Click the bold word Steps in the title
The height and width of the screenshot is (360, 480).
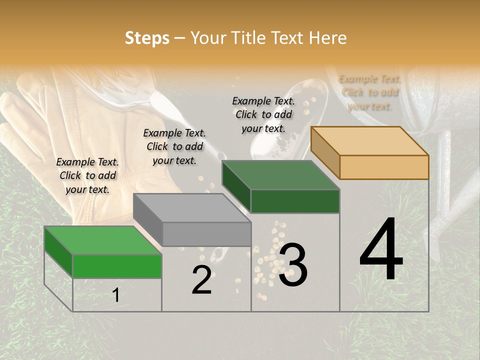(147, 38)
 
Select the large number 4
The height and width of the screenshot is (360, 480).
(381, 249)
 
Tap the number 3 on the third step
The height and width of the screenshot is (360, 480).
(293, 265)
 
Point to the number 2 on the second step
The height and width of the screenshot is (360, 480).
(201, 280)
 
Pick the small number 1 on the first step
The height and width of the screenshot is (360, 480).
(116, 295)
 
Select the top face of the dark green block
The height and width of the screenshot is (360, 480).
(280, 175)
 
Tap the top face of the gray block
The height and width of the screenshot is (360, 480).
(192, 208)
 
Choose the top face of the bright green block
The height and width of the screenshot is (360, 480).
(103, 240)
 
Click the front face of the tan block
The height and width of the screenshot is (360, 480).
(384, 167)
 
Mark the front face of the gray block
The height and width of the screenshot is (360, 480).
(206, 234)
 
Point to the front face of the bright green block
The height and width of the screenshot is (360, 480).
(117, 266)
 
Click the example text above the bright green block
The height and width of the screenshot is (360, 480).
(87, 175)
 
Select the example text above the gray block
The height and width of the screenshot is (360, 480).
(174, 146)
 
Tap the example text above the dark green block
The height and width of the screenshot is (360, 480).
(263, 114)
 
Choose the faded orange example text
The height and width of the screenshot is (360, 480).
(370, 92)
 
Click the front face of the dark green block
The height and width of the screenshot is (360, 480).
(295, 201)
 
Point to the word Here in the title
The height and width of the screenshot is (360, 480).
(327, 38)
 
